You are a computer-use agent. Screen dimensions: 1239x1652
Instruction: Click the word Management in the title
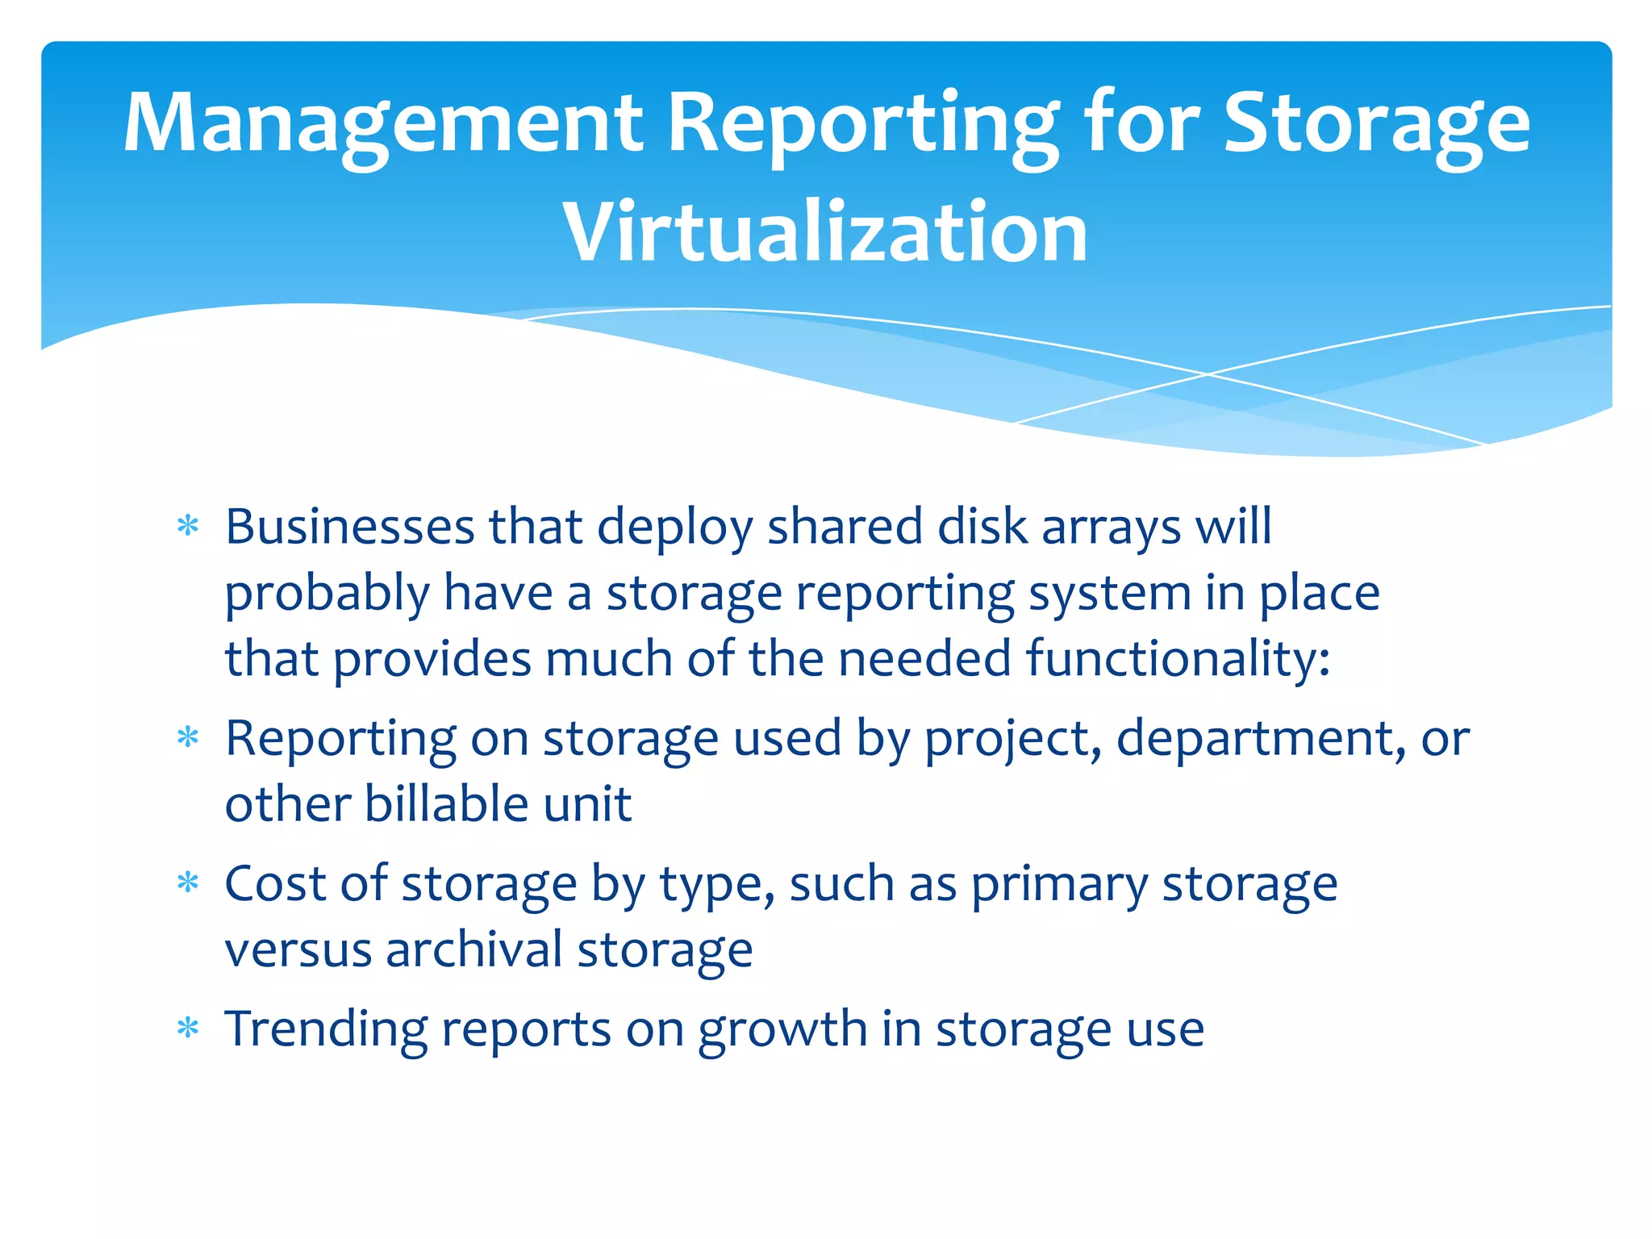click(x=383, y=123)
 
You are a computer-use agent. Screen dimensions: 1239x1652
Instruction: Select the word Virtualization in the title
click(x=825, y=233)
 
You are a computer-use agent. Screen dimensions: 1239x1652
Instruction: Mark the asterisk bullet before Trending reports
click(x=188, y=1029)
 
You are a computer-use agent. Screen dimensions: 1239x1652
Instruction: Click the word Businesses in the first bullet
click(x=349, y=528)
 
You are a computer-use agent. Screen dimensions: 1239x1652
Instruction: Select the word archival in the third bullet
click(x=473, y=949)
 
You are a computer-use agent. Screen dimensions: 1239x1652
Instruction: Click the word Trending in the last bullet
click(x=326, y=1031)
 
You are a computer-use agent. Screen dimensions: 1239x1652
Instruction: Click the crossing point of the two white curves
click(x=1208, y=374)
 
